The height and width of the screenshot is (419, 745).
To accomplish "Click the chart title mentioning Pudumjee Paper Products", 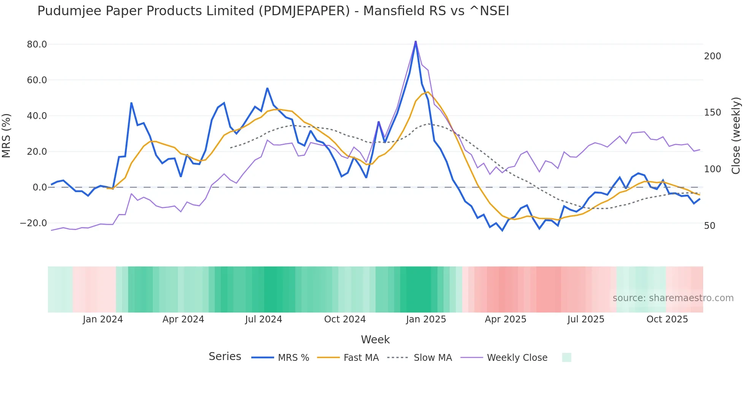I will (x=273, y=11).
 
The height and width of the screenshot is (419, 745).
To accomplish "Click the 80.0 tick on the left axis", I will (x=37, y=44).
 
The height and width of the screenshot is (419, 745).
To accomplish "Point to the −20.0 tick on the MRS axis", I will (x=33, y=223).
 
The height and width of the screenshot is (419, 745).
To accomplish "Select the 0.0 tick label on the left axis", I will (x=40, y=187).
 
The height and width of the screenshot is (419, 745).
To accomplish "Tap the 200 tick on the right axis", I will (x=712, y=56).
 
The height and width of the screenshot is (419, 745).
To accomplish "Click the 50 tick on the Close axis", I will (x=710, y=226).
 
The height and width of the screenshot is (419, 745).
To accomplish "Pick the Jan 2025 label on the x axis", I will (x=426, y=319).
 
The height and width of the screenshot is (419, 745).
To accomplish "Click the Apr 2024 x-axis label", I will (x=183, y=319).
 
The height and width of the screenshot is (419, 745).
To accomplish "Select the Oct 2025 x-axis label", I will (x=667, y=319).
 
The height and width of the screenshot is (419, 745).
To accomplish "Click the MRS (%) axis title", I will (x=6, y=135).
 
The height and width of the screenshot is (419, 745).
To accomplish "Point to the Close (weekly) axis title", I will (x=736, y=135).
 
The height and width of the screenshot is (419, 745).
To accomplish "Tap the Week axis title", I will (x=375, y=340).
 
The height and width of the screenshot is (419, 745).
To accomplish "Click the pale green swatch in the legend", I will (x=566, y=357).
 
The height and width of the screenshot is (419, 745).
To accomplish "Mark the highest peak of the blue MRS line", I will (x=415, y=41).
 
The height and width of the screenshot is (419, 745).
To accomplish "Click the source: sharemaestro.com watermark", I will (x=673, y=298).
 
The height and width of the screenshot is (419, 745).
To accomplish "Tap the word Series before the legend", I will (x=225, y=357).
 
